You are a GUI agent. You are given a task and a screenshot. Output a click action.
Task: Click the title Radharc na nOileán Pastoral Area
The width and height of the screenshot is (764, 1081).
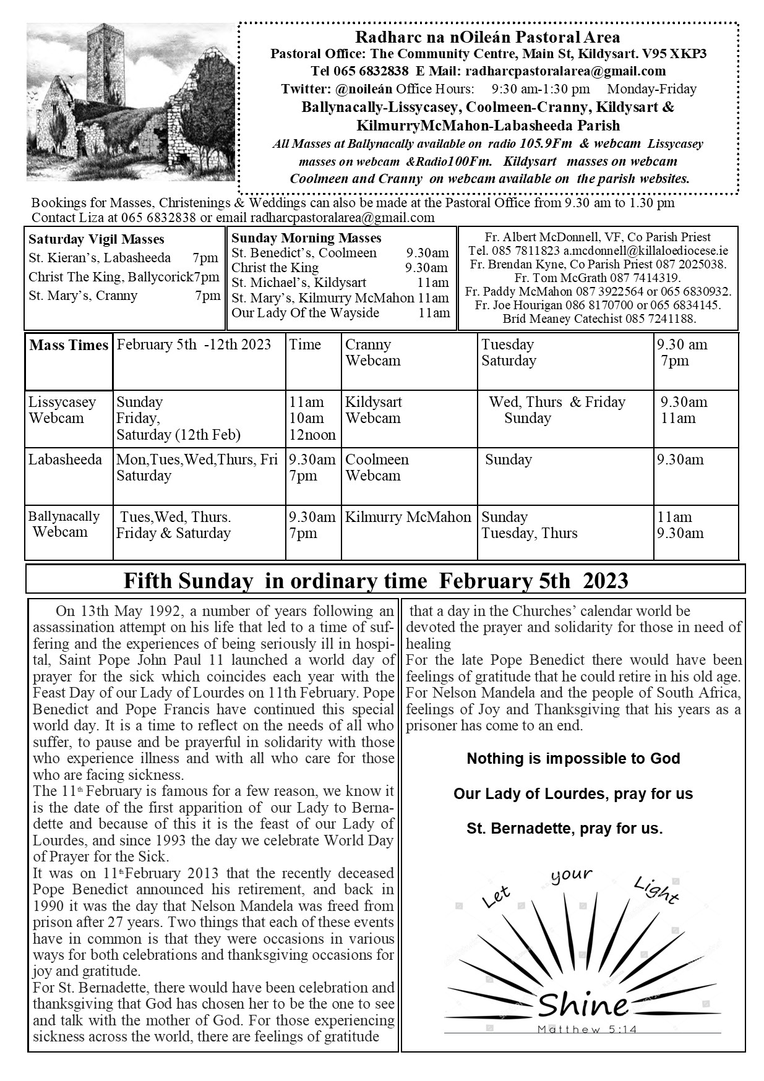[x=488, y=38]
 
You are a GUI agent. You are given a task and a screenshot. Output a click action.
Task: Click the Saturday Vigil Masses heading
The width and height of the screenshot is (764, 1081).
[x=97, y=239]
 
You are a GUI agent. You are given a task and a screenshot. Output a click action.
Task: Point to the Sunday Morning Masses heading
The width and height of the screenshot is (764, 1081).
[x=306, y=237]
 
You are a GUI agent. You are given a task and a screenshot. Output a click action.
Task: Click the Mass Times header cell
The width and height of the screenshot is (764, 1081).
[x=69, y=345]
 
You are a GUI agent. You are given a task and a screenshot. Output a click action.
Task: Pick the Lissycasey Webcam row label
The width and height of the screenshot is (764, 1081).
[x=62, y=410]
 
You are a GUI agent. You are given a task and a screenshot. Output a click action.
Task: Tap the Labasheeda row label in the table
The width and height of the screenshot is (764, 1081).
[x=65, y=459]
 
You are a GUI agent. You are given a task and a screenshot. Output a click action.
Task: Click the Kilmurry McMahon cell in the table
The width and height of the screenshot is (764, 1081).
[x=408, y=517]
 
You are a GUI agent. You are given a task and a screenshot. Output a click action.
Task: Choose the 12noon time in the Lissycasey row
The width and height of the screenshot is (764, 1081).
[x=312, y=435]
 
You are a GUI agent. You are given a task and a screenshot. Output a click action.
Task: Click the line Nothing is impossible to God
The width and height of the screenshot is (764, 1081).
[x=573, y=759]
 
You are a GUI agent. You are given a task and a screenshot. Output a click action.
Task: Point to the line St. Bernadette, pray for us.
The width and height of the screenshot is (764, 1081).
[x=564, y=828]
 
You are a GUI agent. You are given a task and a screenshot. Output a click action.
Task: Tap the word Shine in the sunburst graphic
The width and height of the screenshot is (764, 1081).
[x=583, y=1006]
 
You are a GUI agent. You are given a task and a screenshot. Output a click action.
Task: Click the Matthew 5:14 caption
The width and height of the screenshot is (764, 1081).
[x=587, y=1030]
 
